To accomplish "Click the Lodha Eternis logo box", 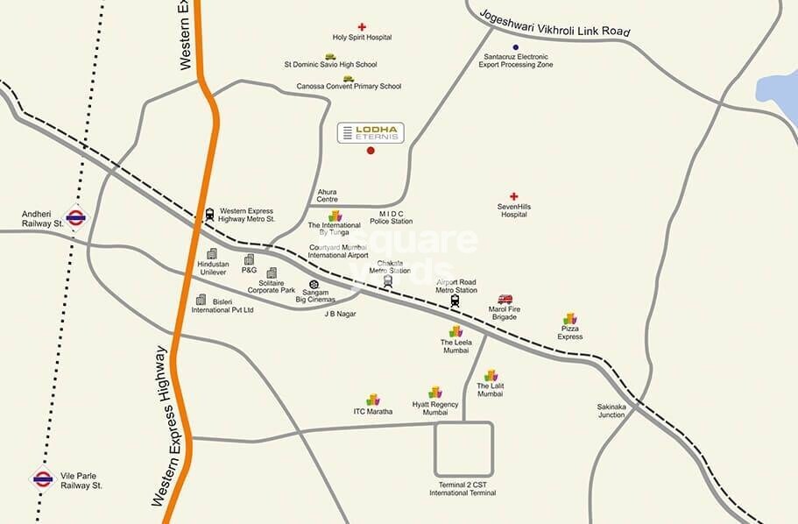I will coord(371,133).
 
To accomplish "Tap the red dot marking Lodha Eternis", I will coord(371,151).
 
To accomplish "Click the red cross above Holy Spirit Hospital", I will coord(362,27).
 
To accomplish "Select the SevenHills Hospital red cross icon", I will coord(514,196).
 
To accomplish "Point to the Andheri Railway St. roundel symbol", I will coord(75,216).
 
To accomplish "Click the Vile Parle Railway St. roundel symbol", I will coord(43,478).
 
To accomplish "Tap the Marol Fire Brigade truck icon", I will coord(505,300).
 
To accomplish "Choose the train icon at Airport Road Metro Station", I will coord(455,301).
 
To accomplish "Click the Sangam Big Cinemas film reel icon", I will coord(314,285).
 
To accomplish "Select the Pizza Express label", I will coord(570,332).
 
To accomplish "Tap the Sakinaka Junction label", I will coord(612,411).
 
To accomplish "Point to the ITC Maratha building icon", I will coord(373,400).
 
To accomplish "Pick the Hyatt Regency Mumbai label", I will coord(435,408).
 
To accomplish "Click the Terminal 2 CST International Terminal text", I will coord(463,489).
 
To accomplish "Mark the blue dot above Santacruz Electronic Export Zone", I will coord(515,47).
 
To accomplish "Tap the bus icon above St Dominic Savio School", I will coord(330,56).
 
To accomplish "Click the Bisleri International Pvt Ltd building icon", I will coord(201,300).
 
